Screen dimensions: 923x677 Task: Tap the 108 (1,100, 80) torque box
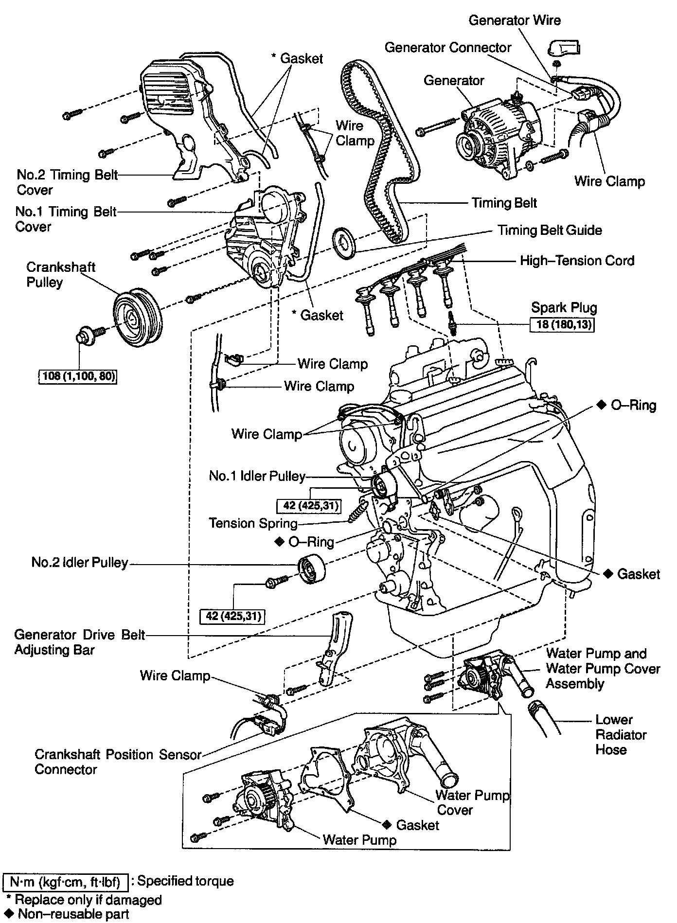click(78, 376)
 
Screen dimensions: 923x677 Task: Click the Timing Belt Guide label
click(549, 230)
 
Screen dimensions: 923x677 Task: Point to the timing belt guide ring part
click(345, 243)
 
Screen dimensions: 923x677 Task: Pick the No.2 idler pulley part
click(311, 574)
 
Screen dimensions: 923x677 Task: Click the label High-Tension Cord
click(577, 261)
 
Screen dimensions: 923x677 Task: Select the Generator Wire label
click(515, 20)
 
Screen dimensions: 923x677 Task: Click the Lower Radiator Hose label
click(621, 734)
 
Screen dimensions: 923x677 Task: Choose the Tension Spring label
click(253, 523)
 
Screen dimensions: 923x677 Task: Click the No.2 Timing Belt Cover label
click(67, 182)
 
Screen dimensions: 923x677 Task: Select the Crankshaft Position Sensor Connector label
click(118, 762)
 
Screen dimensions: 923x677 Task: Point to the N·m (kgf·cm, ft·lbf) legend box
click(66, 881)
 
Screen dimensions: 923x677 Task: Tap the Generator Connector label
click(447, 47)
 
